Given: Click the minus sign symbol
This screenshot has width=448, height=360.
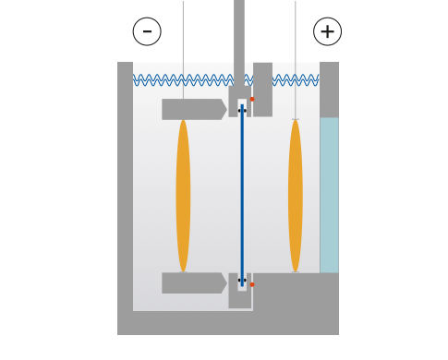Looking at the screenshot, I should (x=147, y=31).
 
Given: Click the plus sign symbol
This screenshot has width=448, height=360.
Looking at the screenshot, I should (x=327, y=31).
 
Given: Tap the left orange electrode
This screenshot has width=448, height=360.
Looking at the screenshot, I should (x=183, y=195).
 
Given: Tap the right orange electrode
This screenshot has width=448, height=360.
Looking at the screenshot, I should (x=295, y=195).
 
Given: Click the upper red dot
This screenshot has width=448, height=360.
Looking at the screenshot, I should (x=252, y=99).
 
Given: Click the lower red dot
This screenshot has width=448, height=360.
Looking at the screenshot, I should (x=252, y=284).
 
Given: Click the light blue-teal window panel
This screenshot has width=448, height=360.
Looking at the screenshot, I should (x=329, y=194).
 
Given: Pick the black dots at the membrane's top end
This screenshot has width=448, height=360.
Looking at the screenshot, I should (x=242, y=110).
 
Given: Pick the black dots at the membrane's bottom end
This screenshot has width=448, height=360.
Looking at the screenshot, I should (x=242, y=281).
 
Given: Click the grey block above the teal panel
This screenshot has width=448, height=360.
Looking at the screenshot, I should (x=329, y=89).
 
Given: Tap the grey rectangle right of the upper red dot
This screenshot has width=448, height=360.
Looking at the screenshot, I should (x=262, y=89).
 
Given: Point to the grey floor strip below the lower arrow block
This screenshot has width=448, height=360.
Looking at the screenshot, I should (x=185, y=323).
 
